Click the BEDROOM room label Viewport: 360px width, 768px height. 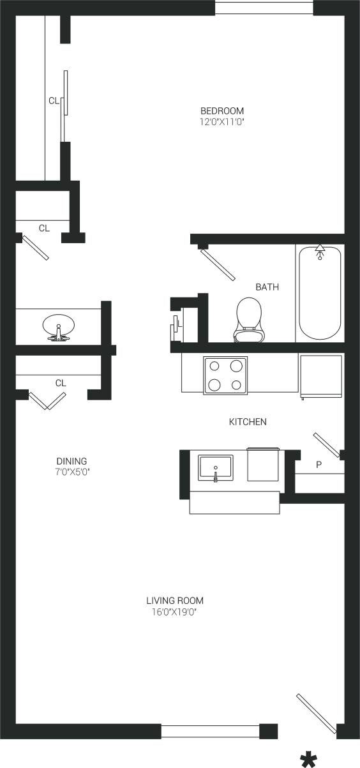point(222,110)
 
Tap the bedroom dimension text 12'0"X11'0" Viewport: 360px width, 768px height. point(222,120)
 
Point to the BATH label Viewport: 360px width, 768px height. point(267,287)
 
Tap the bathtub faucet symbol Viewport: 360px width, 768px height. point(320,251)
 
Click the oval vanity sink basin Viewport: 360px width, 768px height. point(59,327)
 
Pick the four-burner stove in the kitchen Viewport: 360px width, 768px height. point(225,375)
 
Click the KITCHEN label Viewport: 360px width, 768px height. point(248,422)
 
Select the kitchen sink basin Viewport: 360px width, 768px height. point(216,467)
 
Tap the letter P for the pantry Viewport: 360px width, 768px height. point(319,465)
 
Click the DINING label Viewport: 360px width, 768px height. point(71,461)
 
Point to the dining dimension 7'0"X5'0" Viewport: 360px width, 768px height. point(71,472)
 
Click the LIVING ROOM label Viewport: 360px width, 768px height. point(175,601)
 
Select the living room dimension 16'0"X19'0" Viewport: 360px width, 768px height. point(175,612)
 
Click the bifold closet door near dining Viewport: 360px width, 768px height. point(47,400)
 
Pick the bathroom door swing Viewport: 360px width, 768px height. point(217,263)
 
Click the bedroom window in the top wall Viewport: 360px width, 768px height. point(264,8)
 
